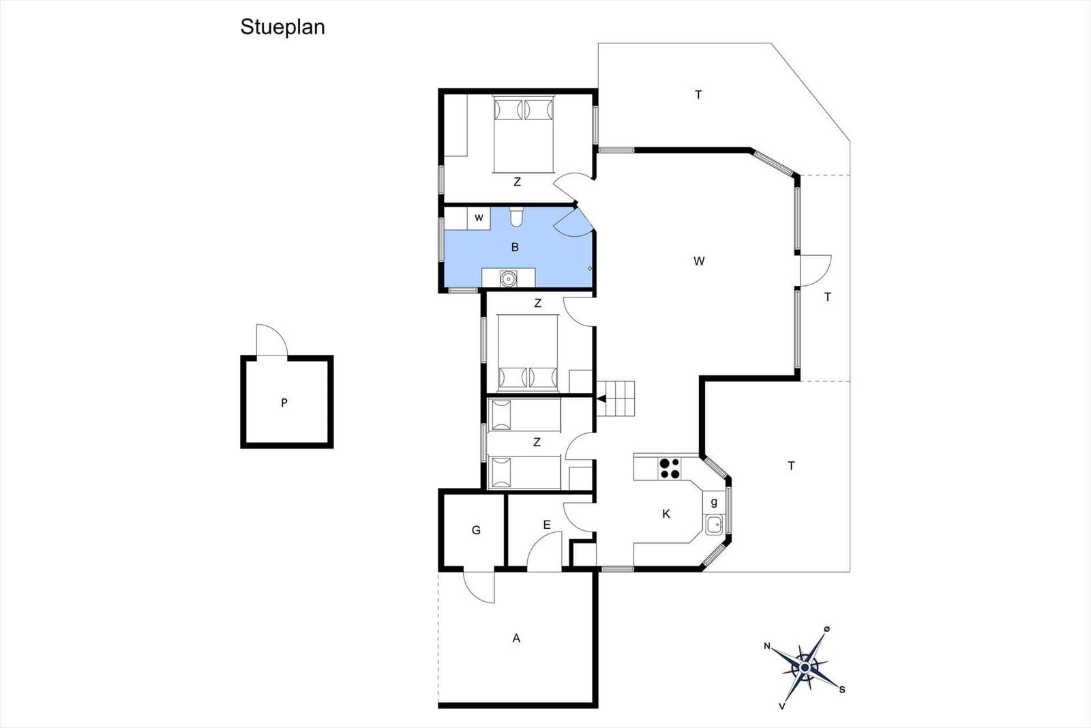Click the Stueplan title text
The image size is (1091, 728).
282,28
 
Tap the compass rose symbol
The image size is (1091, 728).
804,667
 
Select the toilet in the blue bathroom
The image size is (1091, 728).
515,217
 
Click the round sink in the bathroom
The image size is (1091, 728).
508,278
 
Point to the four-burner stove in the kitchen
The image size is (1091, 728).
669,468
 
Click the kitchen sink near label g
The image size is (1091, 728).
713,525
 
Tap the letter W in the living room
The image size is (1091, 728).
699,261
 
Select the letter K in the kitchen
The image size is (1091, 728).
666,514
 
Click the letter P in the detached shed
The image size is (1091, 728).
284,403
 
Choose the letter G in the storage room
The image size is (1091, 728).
477,530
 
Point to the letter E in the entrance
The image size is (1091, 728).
546,525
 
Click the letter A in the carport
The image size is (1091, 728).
516,638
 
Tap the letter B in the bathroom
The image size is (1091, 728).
515,247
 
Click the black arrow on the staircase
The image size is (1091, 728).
601,399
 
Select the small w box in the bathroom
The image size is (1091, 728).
479,218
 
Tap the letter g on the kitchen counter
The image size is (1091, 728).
714,502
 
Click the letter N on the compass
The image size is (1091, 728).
767,646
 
